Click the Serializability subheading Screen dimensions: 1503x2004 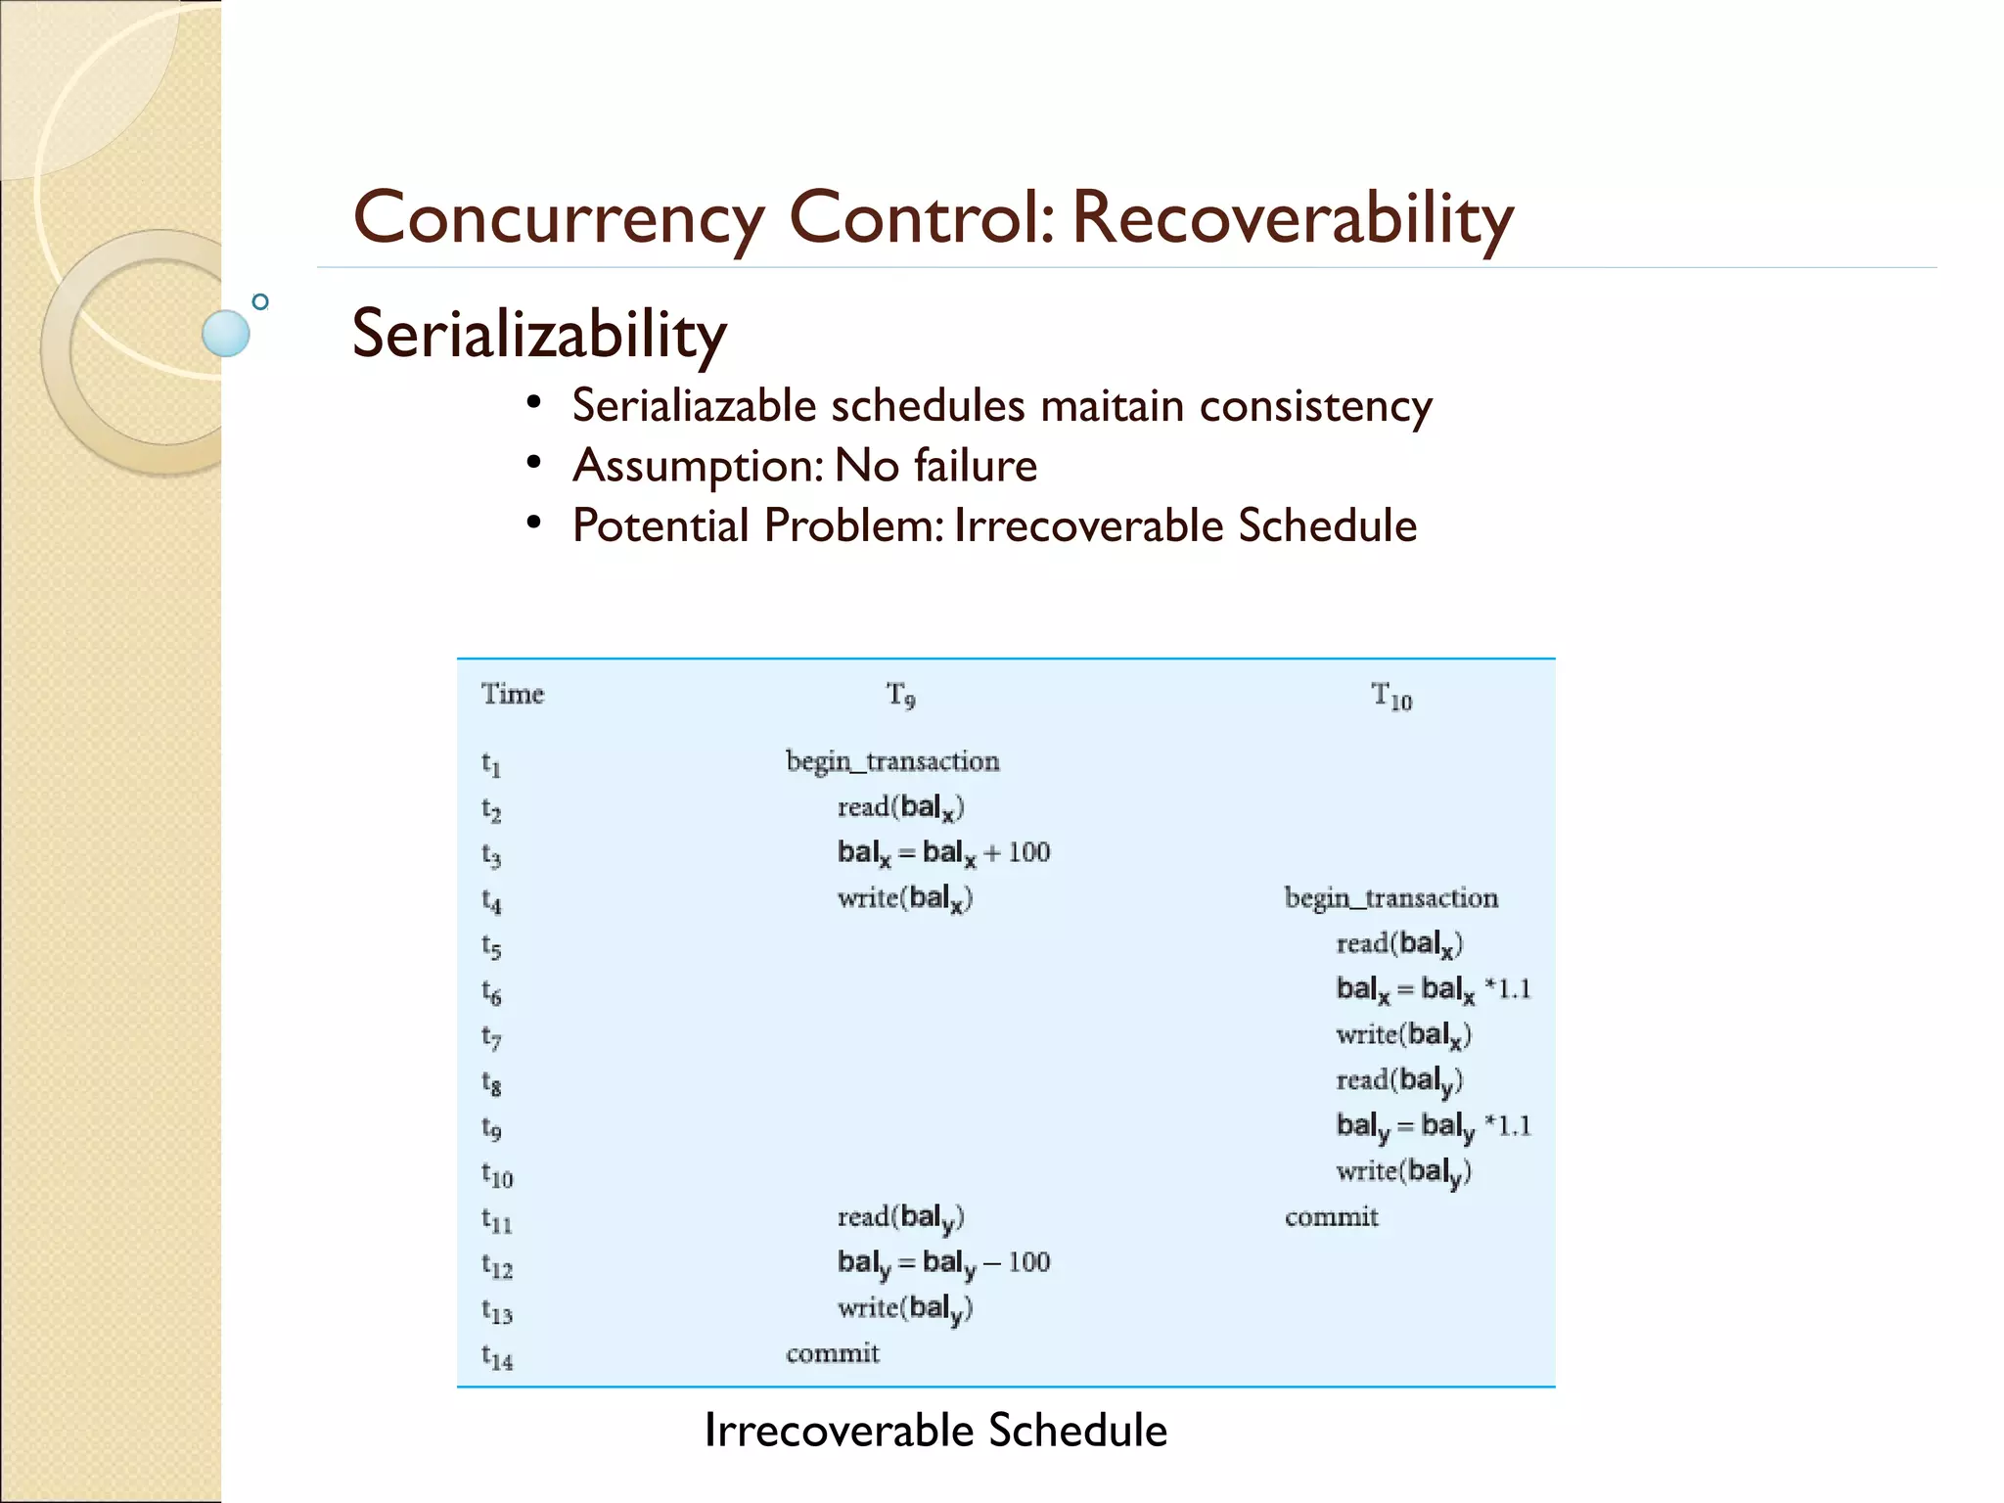tap(539, 334)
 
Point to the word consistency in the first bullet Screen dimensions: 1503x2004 tap(1315, 406)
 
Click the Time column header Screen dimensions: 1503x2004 tap(512, 694)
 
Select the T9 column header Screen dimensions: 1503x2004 tap(900, 696)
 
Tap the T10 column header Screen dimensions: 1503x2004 tap(1390, 697)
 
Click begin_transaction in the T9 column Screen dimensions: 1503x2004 tap(892, 761)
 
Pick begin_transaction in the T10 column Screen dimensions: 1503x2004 tap(1390, 898)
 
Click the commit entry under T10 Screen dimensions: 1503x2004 tap(1331, 1217)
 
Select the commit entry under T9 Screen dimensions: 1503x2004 tap(832, 1353)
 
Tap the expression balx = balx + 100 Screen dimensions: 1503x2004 tap(943, 852)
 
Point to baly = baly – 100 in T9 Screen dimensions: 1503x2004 tap(943, 1262)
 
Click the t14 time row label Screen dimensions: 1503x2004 tap(496, 1356)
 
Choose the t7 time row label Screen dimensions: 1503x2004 tap(491, 1036)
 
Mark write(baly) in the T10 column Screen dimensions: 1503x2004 tap(1403, 1171)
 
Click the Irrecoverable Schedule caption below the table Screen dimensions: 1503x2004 tap(935, 1430)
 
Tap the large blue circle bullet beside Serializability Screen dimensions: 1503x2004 tap(226, 333)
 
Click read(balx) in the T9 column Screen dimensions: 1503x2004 tap(900, 807)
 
